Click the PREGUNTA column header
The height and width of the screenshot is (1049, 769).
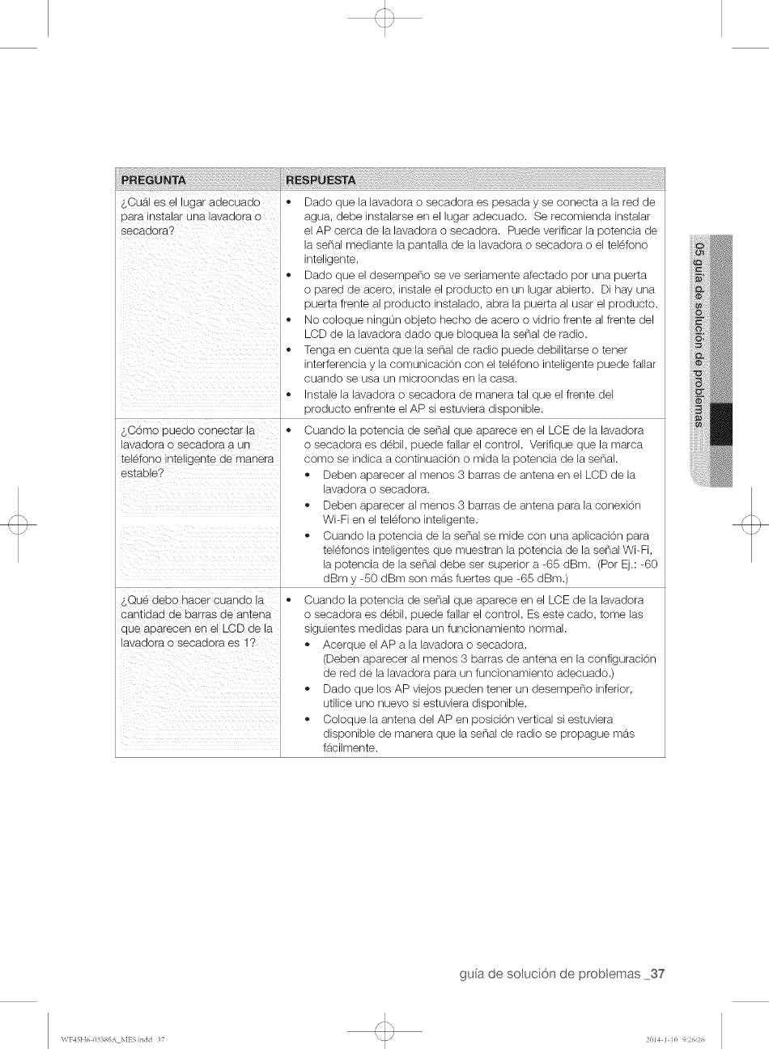point(154,180)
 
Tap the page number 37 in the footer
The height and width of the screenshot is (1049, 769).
point(656,974)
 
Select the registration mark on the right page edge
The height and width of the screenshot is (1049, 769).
point(751,524)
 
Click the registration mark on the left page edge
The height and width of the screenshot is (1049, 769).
point(17,524)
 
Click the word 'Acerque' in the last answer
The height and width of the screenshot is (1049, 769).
point(342,645)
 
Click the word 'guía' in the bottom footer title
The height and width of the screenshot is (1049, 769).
point(474,974)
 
